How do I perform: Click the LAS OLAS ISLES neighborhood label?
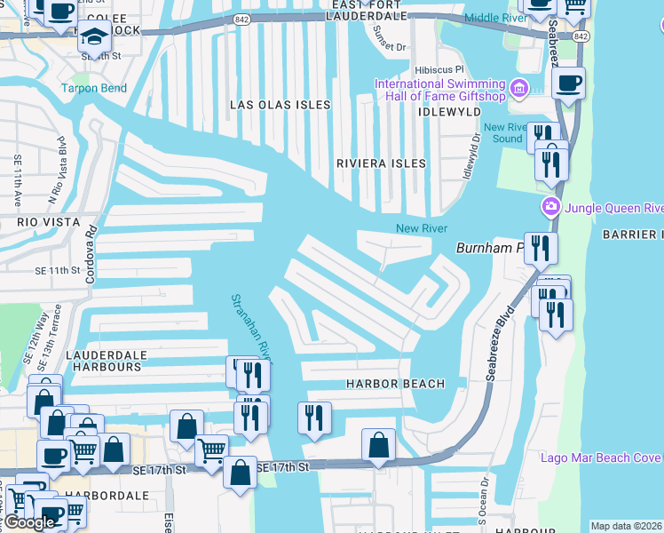(x=280, y=105)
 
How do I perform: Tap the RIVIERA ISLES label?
(x=380, y=163)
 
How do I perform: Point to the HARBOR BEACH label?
(x=394, y=384)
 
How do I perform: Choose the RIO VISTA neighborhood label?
(x=48, y=221)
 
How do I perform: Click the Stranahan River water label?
(x=250, y=329)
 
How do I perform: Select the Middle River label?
(x=496, y=17)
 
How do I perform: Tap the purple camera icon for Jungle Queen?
(x=550, y=208)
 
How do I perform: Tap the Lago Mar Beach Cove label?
(x=601, y=457)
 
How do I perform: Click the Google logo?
(x=29, y=522)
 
